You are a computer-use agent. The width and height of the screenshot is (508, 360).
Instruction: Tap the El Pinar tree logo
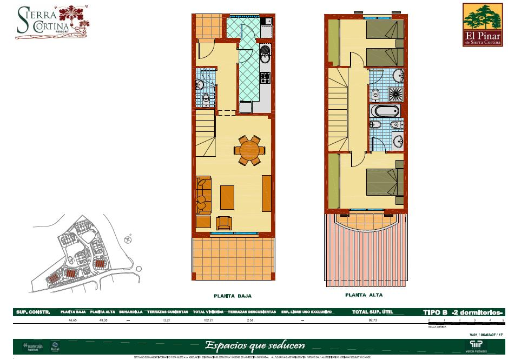pyautogui.click(x=483, y=24)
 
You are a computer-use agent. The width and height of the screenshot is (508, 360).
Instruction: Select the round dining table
pyautogui.click(x=249, y=150)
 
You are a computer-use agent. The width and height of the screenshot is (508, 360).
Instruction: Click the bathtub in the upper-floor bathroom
pyautogui.click(x=385, y=111)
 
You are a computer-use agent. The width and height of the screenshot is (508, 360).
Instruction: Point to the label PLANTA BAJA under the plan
pyautogui.click(x=233, y=296)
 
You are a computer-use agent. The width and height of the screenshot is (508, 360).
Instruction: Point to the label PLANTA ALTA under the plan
pyautogui.click(x=364, y=295)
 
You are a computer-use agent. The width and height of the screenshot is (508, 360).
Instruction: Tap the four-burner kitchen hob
pyautogui.click(x=266, y=78)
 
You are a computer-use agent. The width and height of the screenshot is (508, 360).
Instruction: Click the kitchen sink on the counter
pyautogui.click(x=265, y=55)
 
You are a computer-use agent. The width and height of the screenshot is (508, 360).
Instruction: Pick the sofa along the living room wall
pyautogui.click(x=203, y=195)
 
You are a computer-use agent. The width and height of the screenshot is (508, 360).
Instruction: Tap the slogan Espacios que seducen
pyautogui.click(x=254, y=345)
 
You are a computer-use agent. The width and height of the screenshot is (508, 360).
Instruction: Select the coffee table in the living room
pyautogui.click(x=227, y=197)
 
